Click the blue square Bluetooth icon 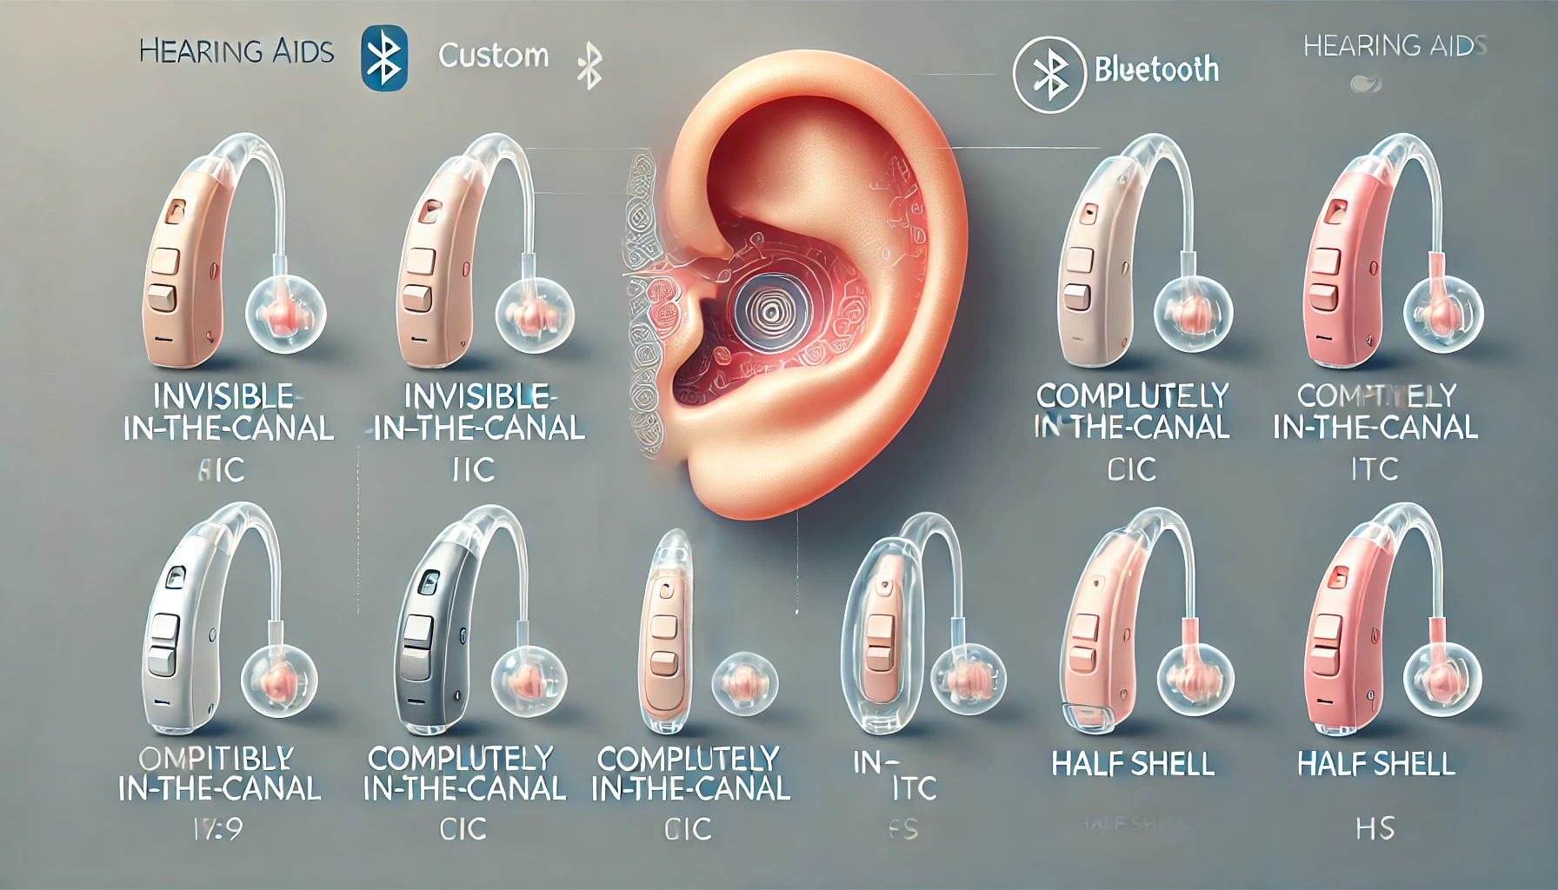[383, 57]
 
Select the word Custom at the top [493, 56]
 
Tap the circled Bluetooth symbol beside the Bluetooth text [1049, 73]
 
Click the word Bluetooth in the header [1156, 69]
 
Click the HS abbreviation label [1375, 828]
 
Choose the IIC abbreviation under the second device [473, 469]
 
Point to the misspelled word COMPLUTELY [1132, 395]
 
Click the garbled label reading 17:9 [217, 829]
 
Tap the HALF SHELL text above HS [1375, 764]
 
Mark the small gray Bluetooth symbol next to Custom [590, 66]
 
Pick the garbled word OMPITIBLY [216, 758]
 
